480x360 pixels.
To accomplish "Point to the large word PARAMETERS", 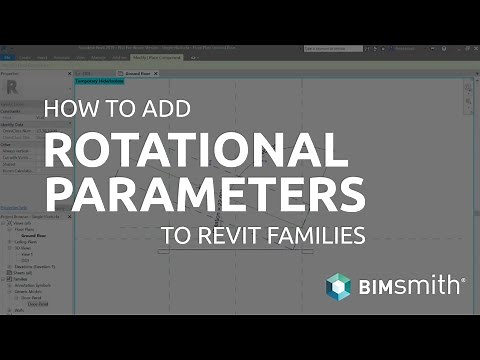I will pos(206,192).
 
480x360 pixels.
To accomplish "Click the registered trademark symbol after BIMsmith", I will pos(463,281).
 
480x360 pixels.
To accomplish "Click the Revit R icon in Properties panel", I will pos(13,87).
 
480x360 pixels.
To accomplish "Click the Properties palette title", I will pos(12,74).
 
